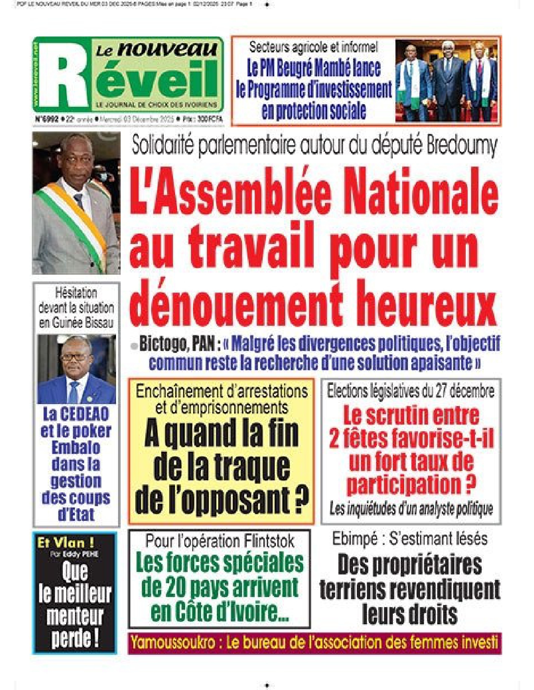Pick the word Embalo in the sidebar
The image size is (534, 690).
[x=76, y=448]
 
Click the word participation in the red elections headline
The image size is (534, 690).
[x=404, y=485]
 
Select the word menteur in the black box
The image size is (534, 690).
[x=75, y=616]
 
